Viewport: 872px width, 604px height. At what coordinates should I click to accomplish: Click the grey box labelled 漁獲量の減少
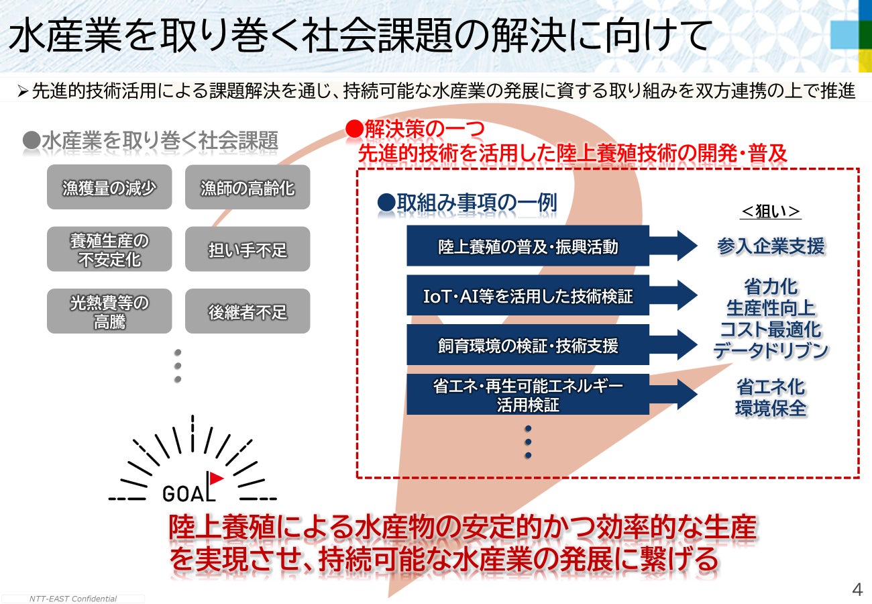(x=109, y=187)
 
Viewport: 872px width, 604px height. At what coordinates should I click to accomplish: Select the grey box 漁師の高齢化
(x=248, y=187)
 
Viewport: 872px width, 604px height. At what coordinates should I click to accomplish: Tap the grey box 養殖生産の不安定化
(x=109, y=249)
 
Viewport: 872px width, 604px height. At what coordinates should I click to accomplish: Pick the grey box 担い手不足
(x=248, y=250)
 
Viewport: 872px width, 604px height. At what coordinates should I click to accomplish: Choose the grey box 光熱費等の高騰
(x=109, y=311)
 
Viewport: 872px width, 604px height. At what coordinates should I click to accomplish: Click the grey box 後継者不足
(x=248, y=311)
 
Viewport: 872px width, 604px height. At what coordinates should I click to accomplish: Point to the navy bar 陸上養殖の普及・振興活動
(x=528, y=246)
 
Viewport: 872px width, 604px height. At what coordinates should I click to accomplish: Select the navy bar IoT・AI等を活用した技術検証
(x=528, y=295)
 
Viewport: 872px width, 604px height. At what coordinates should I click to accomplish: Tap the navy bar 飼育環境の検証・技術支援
(x=528, y=345)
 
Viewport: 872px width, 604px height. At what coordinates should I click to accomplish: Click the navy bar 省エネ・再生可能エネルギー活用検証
(x=528, y=395)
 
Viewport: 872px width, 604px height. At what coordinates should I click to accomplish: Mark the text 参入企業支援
(x=770, y=246)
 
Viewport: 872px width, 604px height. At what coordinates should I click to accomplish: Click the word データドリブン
(x=770, y=350)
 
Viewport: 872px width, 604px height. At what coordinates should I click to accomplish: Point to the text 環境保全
(x=770, y=408)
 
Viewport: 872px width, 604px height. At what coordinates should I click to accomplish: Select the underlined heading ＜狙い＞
(x=770, y=211)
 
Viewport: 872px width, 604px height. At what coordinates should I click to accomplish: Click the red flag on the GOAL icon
(x=216, y=478)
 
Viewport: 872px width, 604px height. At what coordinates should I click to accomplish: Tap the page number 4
(x=857, y=589)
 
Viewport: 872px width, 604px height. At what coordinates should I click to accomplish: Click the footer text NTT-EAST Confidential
(x=73, y=599)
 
